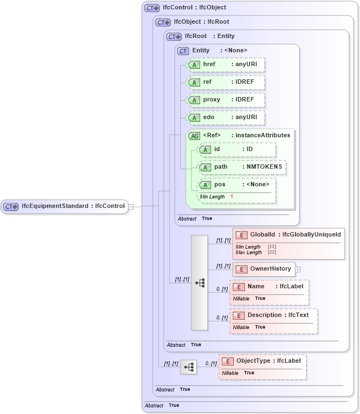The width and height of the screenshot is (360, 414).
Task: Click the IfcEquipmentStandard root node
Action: (x=64, y=206)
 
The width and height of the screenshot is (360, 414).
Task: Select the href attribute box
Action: (x=225, y=64)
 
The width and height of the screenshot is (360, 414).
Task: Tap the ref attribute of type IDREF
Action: (x=225, y=82)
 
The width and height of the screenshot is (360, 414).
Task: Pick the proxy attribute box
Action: (x=225, y=100)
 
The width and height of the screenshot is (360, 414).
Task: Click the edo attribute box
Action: (x=225, y=117)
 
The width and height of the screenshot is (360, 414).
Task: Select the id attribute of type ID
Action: (x=237, y=149)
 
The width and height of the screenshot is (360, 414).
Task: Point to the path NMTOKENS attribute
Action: (x=242, y=167)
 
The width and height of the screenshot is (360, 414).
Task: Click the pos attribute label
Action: (x=219, y=185)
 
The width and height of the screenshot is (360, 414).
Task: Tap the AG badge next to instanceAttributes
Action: (x=194, y=136)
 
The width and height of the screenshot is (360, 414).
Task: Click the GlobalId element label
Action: (x=261, y=235)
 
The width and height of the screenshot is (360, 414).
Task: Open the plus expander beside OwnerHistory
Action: (x=298, y=269)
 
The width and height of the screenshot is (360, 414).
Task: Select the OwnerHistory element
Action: (x=264, y=269)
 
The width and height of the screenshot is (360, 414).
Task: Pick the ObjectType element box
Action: (x=262, y=361)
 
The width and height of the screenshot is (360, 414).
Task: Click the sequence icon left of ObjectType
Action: (x=189, y=366)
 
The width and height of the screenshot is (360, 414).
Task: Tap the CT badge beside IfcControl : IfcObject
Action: (x=152, y=8)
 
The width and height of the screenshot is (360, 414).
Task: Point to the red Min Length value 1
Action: (x=232, y=196)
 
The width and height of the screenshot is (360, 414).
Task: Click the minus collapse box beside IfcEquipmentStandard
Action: (x=131, y=207)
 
